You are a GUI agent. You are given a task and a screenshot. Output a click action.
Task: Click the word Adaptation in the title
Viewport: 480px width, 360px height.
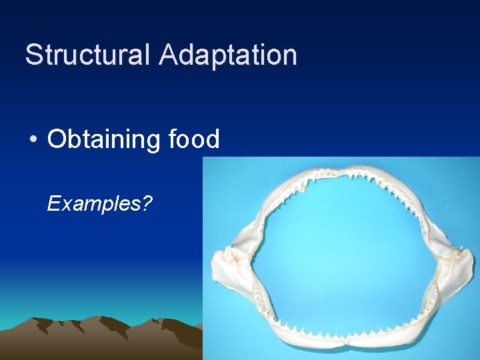(227, 55)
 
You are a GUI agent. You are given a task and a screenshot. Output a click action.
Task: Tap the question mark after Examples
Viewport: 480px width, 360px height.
(146, 204)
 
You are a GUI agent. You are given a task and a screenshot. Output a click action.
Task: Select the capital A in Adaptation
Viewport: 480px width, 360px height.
(169, 55)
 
